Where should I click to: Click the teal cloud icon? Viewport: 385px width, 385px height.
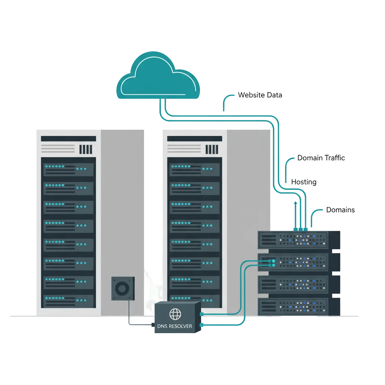[158, 76]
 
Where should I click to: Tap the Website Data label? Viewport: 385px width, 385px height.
[260, 95]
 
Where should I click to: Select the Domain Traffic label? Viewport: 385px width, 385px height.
[321, 158]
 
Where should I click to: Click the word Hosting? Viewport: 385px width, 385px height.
[304, 182]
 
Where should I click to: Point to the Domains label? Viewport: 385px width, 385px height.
[340, 210]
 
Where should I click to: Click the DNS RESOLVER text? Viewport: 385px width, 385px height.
[174, 326]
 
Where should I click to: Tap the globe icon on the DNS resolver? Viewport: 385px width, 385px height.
[175, 314]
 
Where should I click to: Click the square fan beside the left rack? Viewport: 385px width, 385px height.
[123, 288]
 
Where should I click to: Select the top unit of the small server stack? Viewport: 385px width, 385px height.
[299, 240]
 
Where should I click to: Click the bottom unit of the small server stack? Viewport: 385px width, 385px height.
[299, 307]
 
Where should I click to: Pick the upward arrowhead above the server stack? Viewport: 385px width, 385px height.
[296, 203]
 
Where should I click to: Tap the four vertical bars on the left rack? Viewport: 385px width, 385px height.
[86, 149]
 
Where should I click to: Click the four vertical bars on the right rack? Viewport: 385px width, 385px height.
[212, 149]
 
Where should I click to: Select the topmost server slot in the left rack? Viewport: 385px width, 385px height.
[68, 170]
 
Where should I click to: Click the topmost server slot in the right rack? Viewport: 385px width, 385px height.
[194, 170]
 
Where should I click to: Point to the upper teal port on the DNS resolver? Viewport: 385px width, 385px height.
[202, 314]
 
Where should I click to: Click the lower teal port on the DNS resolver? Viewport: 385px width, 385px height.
[202, 325]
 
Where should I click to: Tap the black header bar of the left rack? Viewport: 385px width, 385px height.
[68, 138]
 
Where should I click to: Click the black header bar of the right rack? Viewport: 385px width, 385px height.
[194, 138]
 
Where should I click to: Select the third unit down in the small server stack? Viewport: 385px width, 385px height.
[299, 285]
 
